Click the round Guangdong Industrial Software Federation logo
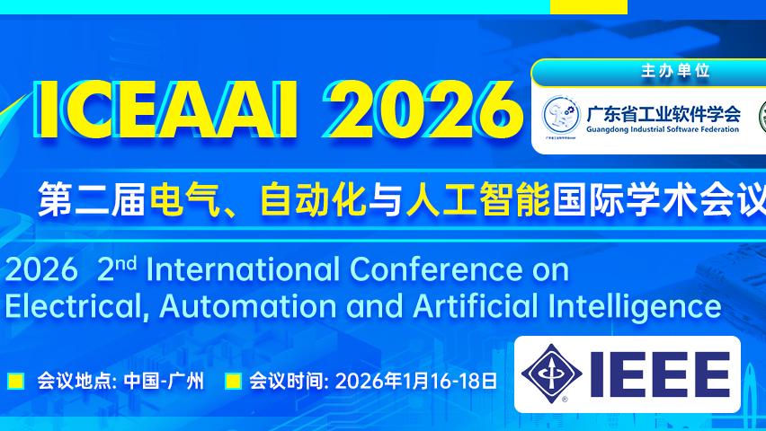tap(561, 117)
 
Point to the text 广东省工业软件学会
tap(664, 113)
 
